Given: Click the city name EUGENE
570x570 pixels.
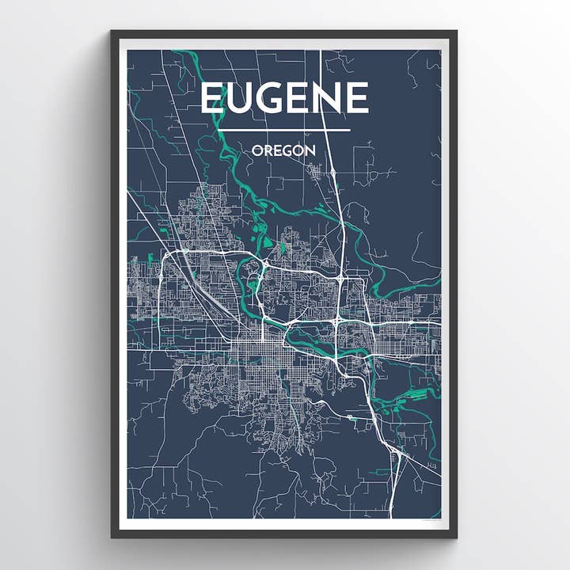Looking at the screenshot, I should tap(284, 98).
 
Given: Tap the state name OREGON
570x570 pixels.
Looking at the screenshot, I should tap(284, 150).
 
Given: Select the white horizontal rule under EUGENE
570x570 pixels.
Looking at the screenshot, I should tap(284, 130).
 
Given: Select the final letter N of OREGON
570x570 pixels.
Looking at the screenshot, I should tap(311, 150).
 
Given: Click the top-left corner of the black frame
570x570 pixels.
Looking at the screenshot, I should tap(112, 32).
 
